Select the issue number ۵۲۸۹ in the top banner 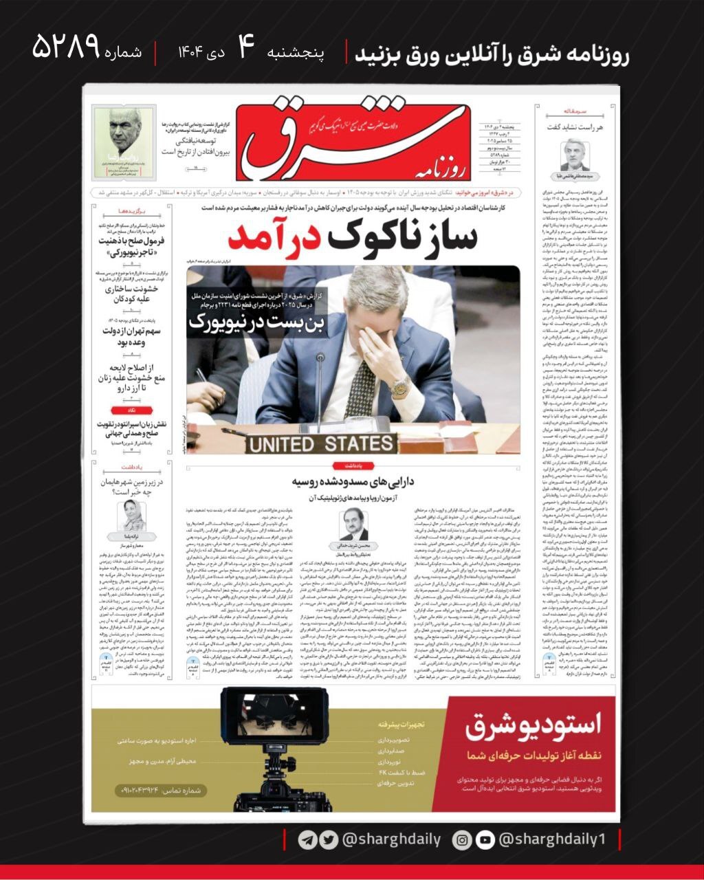[67, 48]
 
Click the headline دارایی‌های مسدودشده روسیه [352, 481]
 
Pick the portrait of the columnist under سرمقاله [574, 154]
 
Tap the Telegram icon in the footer [307, 839]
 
